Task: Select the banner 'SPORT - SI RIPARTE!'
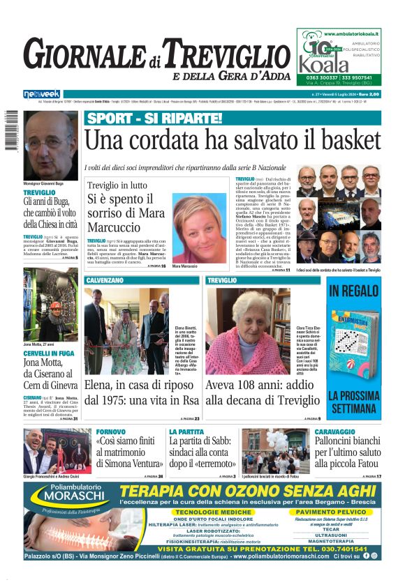(x=154, y=118)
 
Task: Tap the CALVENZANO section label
(x=109, y=280)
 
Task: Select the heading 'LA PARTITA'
(x=186, y=433)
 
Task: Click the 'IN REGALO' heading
(x=353, y=291)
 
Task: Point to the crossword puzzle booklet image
(x=353, y=335)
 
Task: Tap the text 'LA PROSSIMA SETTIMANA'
(x=353, y=400)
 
